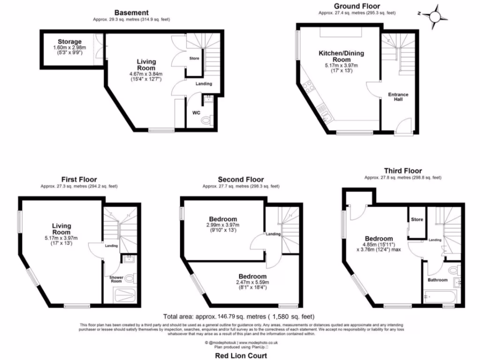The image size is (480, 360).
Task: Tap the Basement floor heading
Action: [x=133, y=13]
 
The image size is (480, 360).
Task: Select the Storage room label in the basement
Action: [x=69, y=42]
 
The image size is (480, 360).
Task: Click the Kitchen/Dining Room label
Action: [x=341, y=57]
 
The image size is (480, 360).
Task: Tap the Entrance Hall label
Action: [x=398, y=97]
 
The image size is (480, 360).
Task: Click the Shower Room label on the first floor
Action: [x=116, y=280]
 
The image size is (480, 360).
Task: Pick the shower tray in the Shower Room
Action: [x=125, y=296]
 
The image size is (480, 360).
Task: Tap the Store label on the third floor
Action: [x=417, y=219]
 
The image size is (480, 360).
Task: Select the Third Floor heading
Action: [x=403, y=171]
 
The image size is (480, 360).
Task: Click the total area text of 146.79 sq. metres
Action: [x=239, y=316]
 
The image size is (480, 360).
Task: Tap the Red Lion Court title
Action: [x=240, y=356]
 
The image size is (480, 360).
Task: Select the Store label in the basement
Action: [x=194, y=59]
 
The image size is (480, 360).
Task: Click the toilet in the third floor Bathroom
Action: [x=453, y=271]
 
